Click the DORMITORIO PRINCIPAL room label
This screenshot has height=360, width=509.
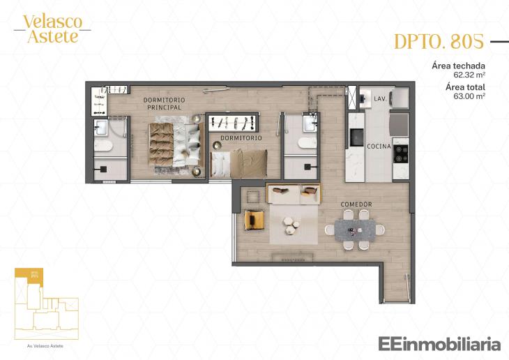[162, 104]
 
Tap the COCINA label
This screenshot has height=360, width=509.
[379, 147]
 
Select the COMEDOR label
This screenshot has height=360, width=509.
[356, 204]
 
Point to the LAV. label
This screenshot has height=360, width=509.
[380, 100]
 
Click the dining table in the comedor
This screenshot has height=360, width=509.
[354, 229]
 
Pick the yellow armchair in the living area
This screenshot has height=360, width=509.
[254, 220]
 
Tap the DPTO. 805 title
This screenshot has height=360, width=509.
[439, 42]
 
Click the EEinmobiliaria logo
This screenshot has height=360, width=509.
[439, 343]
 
